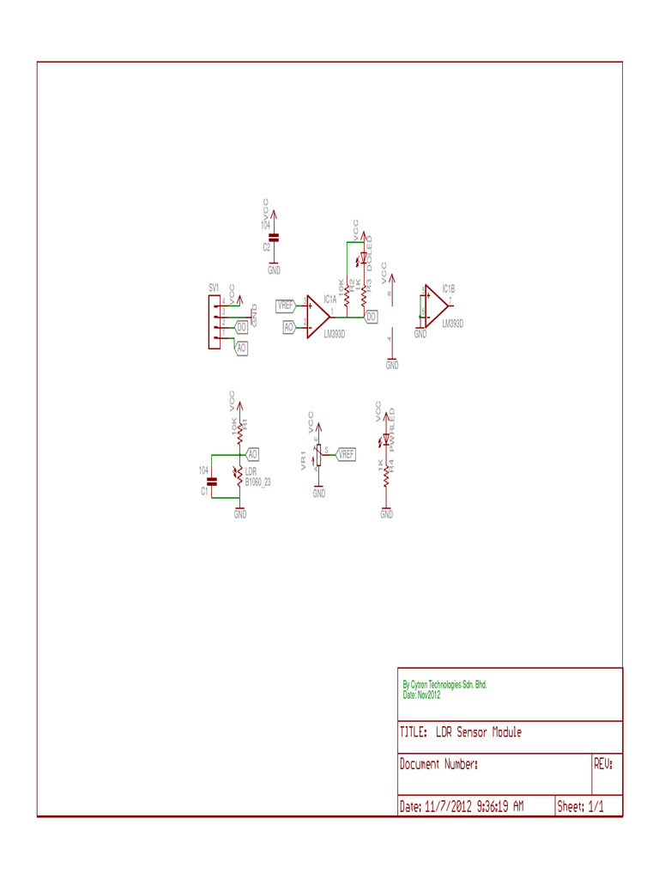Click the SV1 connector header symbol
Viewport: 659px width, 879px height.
tap(214, 322)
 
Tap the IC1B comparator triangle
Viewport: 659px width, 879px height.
tap(435, 306)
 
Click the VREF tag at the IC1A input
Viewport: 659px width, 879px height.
tap(286, 305)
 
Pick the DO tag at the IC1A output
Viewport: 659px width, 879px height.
tap(371, 317)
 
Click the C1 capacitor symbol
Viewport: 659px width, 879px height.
tap(215, 480)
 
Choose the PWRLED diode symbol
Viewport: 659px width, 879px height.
tap(387, 439)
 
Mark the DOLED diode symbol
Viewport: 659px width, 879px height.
tap(364, 257)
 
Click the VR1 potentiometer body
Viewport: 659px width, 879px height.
tap(318, 458)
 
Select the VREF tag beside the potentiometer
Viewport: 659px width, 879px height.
tap(346, 454)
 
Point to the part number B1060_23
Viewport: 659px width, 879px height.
tap(258, 482)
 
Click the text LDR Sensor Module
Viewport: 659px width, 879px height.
tap(478, 732)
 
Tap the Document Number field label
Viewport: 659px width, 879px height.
tap(438, 763)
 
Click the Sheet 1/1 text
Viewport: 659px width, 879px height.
tap(581, 807)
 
